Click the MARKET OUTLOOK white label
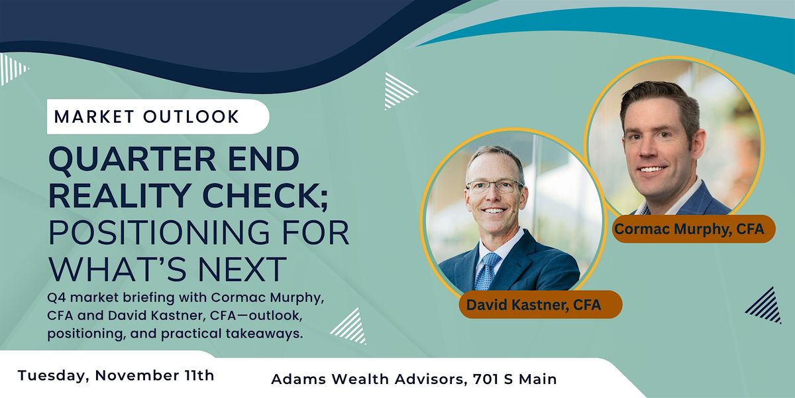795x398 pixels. [146, 117]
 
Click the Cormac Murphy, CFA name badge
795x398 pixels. [689, 229]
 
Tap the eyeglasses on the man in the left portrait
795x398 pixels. [494, 186]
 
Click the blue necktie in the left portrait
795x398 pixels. [488, 271]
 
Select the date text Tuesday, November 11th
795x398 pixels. [116, 375]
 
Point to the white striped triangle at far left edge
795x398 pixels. [11, 69]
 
